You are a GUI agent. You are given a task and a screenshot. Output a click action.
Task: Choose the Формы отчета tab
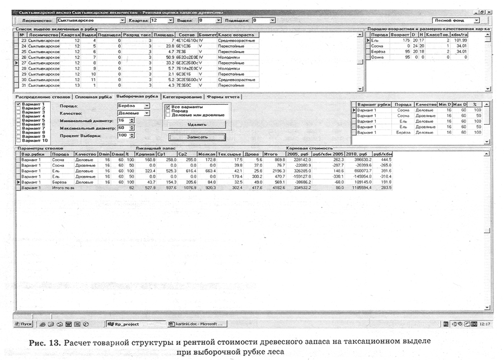pyautogui.click(x=223, y=96)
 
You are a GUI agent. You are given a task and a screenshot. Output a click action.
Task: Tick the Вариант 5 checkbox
pyautogui.click(x=18, y=120)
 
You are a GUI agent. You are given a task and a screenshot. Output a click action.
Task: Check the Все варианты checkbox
pyautogui.click(x=168, y=106)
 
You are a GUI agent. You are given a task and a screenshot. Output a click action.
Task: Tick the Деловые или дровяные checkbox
pyautogui.click(x=168, y=115)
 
